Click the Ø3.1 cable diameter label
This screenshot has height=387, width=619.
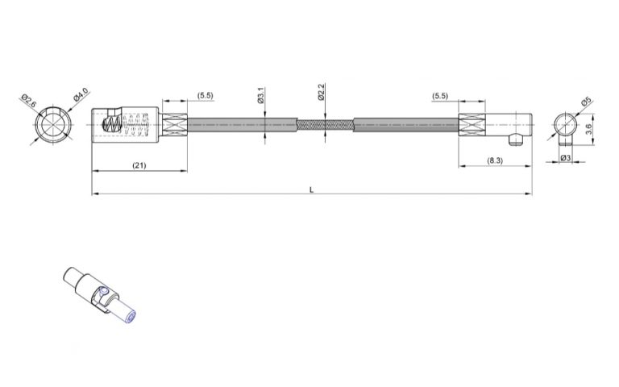pos(261,97)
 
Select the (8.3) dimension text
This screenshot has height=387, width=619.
pos(496,161)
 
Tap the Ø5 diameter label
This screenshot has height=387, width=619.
pos(585,102)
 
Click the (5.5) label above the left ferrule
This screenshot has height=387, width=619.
pos(206,96)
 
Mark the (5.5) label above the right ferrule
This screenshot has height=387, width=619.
pos(440,96)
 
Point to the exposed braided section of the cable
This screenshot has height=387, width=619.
pos(324,127)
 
